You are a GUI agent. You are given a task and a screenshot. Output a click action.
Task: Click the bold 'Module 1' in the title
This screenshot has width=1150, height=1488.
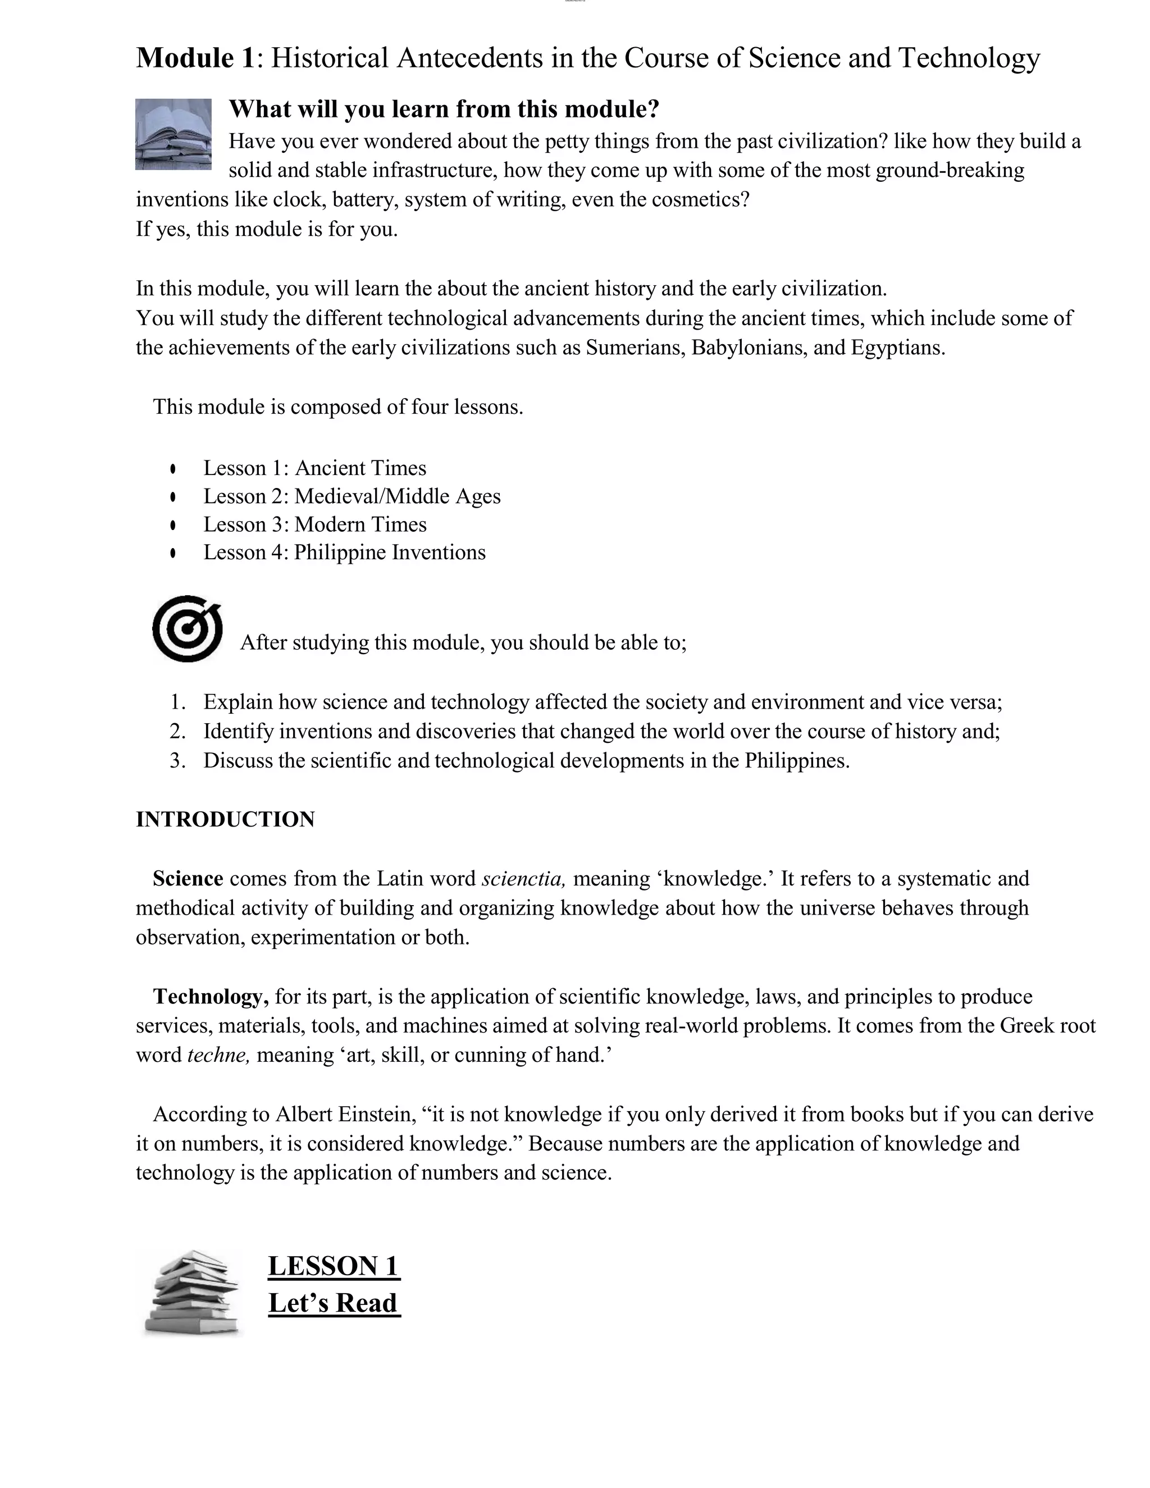(195, 58)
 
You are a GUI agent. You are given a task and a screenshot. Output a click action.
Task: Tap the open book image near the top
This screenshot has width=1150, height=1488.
(173, 134)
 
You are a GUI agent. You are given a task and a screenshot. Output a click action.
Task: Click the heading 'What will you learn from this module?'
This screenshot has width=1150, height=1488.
(444, 109)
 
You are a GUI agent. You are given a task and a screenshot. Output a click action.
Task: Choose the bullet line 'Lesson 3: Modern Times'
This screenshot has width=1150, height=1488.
(315, 524)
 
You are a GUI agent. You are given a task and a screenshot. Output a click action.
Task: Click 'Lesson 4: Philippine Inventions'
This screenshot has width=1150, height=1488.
(344, 553)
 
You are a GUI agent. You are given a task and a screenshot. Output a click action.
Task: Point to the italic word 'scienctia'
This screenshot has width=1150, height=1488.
(523, 879)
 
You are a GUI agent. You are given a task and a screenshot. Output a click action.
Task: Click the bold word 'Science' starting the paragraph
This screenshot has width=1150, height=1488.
(188, 879)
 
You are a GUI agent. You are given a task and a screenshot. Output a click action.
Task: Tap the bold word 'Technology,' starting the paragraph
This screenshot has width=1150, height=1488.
(211, 997)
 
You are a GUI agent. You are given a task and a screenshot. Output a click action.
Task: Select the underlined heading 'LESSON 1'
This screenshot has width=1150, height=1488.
(333, 1266)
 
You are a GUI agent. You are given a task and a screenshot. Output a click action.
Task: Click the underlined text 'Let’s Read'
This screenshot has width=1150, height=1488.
(333, 1303)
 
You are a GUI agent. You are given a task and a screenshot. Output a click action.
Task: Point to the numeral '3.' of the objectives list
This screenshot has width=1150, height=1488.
(178, 761)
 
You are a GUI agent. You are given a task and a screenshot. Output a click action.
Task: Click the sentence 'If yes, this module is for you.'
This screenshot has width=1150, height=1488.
(266, 229)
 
